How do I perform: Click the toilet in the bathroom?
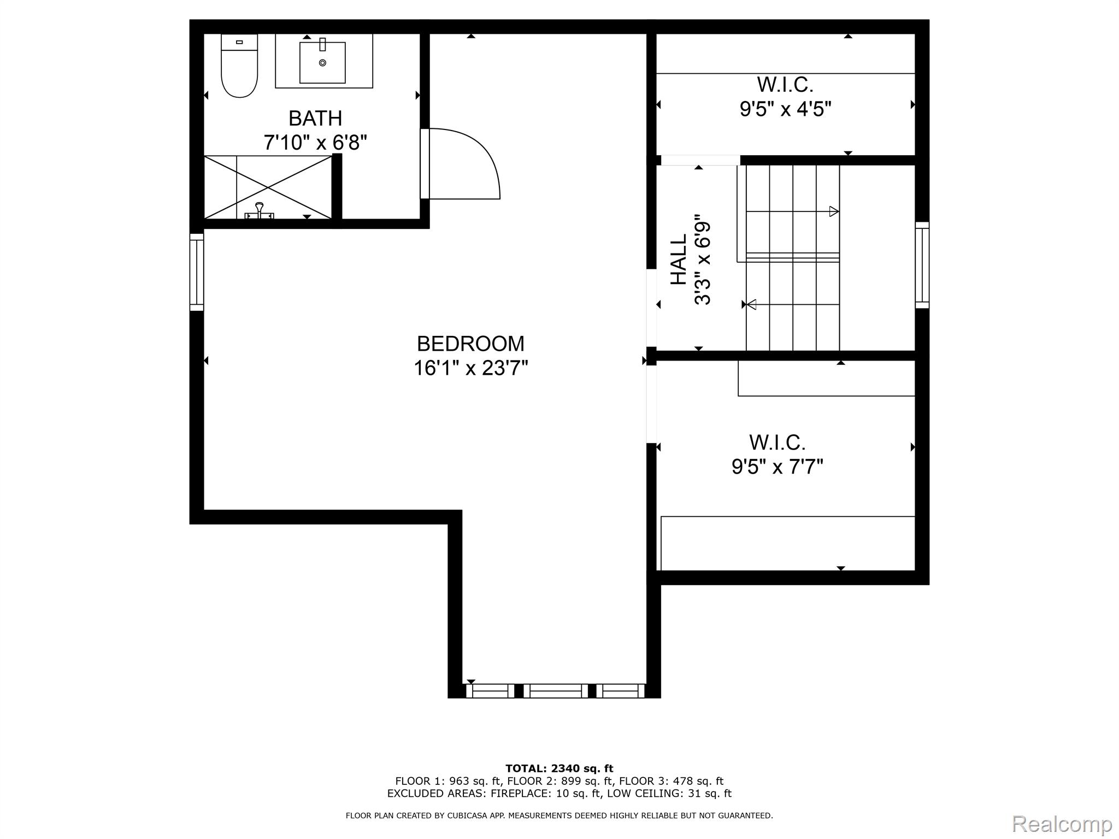click(239, 68)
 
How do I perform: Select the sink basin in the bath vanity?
click(322, 62)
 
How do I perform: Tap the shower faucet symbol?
click(260, 211)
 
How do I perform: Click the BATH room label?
click(315, 119)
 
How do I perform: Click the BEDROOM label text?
click(470, 344)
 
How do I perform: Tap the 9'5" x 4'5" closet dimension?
click(785, 109)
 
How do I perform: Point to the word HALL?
click(679, 259)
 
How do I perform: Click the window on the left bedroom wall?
click(197, 272)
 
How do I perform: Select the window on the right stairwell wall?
click(922, 265)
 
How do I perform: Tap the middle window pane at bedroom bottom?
click(556, 691)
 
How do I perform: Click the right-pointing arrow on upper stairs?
click(834, 211)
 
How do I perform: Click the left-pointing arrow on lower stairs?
click(751, 304)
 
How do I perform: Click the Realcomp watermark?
click(1062, 824)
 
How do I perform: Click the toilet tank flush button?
click(239, 42)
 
